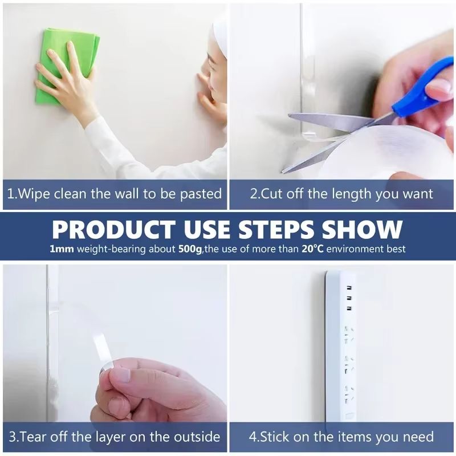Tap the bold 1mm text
click(60, 250)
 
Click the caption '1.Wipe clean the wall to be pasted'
click(115, 194)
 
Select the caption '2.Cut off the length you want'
click(341, 194)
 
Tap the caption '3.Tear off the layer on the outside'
click(114, 437)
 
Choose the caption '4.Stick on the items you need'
click(341, 437)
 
